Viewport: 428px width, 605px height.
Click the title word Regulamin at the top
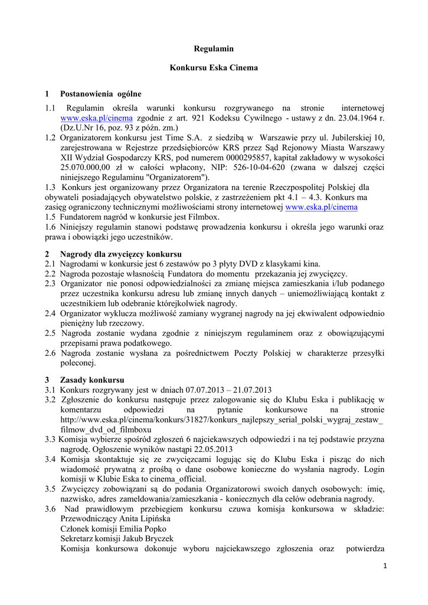(x=214, y=48)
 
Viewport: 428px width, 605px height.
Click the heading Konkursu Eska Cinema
(x=214, y=68)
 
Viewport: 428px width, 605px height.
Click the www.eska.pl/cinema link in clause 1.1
(x=88, y=118)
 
